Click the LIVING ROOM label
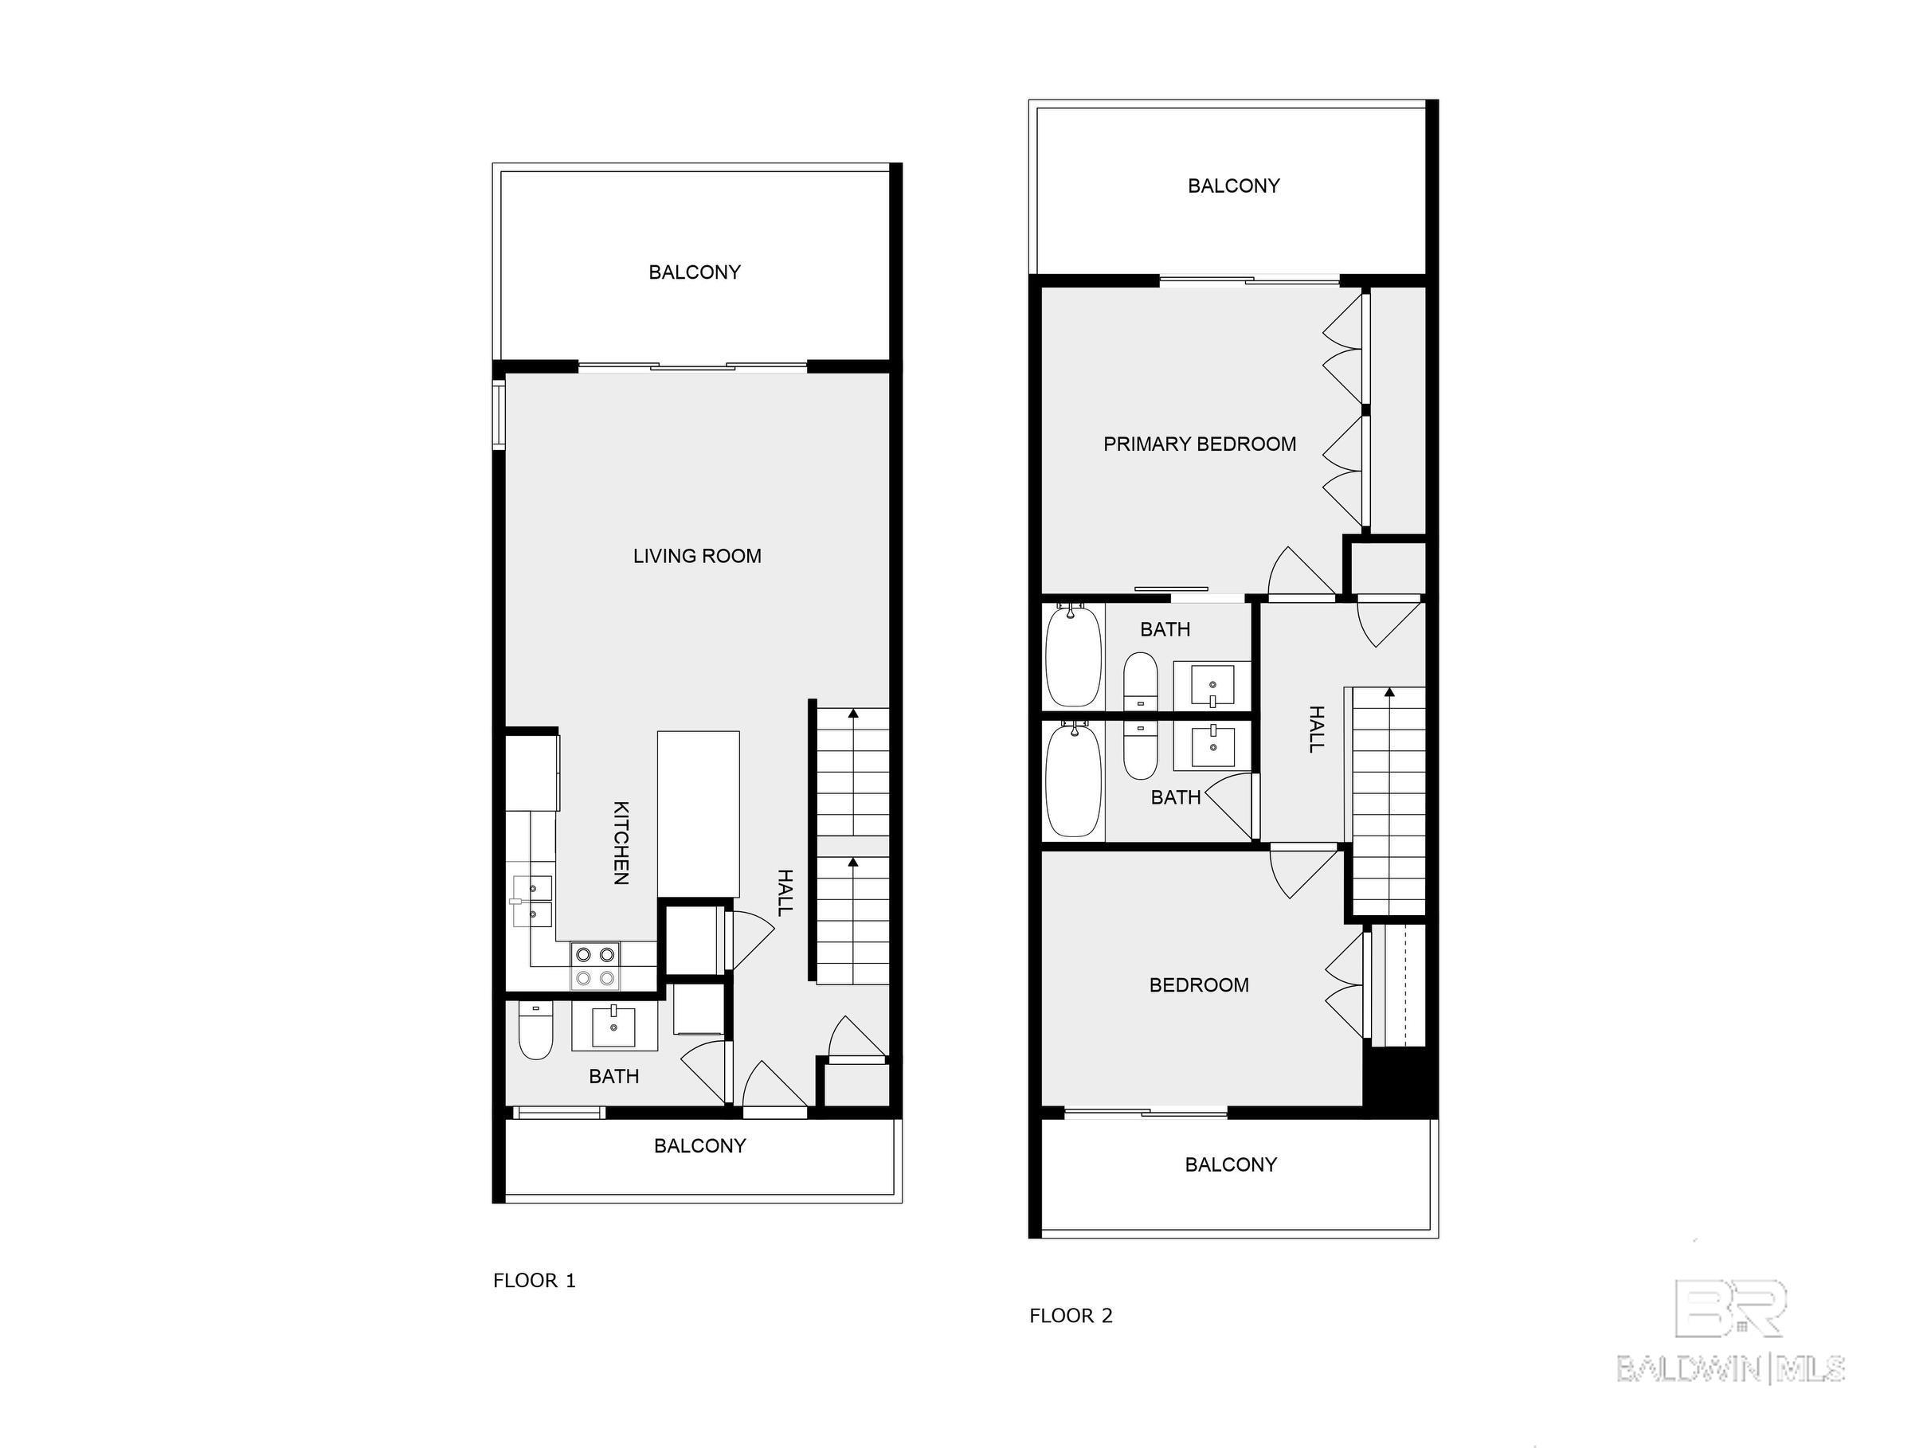pos(696,556)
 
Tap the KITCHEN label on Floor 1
pos(621,843)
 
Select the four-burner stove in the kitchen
pos(595,966)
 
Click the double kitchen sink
pos(531,901)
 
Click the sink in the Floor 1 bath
pos(613,1027)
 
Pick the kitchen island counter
pos(699,813)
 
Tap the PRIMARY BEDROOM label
pos(1200,444)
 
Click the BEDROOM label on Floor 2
pos(1199,985)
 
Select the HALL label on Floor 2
pos(1317,729)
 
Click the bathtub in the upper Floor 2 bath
pos(1073,656)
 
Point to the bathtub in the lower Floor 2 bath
pos(1073,780)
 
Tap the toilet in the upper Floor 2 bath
pos(1140,681)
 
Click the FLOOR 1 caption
pos(535,1282)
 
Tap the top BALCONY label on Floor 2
pos(1233,186)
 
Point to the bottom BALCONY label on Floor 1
pos(700,1146)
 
